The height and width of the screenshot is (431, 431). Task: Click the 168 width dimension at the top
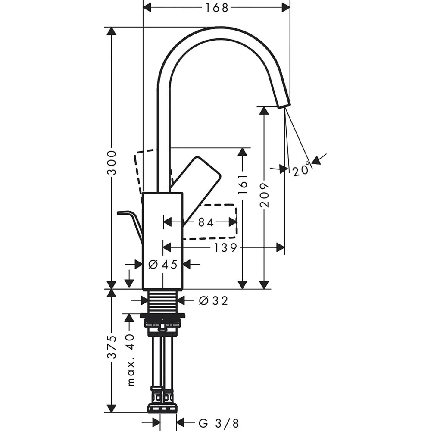tap(217, 8)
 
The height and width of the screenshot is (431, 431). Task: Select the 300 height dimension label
tap(112, 162)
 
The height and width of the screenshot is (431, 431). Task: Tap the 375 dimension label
tap(112, 347)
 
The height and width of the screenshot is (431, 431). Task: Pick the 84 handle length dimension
tap(206, 222)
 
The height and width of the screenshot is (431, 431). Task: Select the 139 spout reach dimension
tap(225, 248)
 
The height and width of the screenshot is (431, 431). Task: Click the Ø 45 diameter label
tap(163, 265)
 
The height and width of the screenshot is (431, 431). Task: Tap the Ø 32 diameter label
tap(214, 301)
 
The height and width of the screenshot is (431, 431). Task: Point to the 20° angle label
tap(301, 170)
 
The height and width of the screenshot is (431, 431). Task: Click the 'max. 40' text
tap(131, 359)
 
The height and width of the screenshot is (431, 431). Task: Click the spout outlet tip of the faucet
tap(284, 105)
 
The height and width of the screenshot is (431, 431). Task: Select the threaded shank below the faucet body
tap(163, 301)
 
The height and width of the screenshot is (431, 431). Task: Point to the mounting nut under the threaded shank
tap(162, 321)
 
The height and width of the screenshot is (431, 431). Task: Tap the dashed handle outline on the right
tap(209, 222)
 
